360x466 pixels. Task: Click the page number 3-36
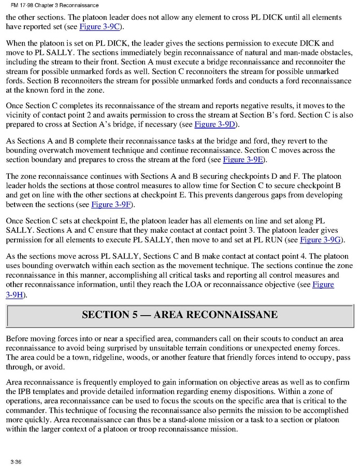click(x=15, y=461)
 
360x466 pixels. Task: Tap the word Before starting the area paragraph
click(x=20, y=338)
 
